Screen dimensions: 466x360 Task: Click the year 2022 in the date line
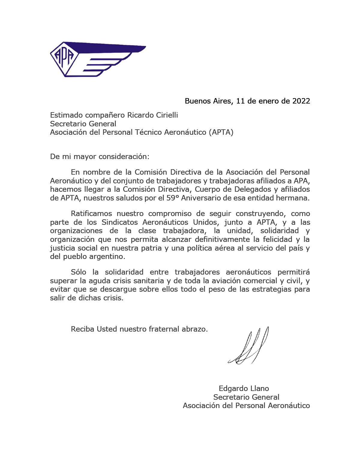(301, 101)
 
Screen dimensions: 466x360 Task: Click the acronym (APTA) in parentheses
(221, 132)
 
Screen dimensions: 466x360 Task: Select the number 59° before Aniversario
(173, 198)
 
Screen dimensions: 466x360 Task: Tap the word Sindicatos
(120, 222)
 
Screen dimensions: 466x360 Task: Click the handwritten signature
(249, 347)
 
